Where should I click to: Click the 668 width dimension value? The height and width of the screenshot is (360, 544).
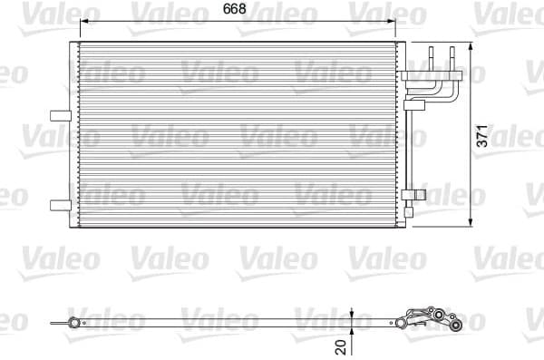[238, 10]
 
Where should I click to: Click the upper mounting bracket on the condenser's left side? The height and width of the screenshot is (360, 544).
[61, 114]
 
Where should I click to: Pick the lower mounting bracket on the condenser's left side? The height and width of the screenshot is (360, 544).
[61, 203]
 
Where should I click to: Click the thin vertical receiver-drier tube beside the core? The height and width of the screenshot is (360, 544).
[408, 154]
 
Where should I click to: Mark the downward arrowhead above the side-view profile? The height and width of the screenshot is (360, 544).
[352, 312]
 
